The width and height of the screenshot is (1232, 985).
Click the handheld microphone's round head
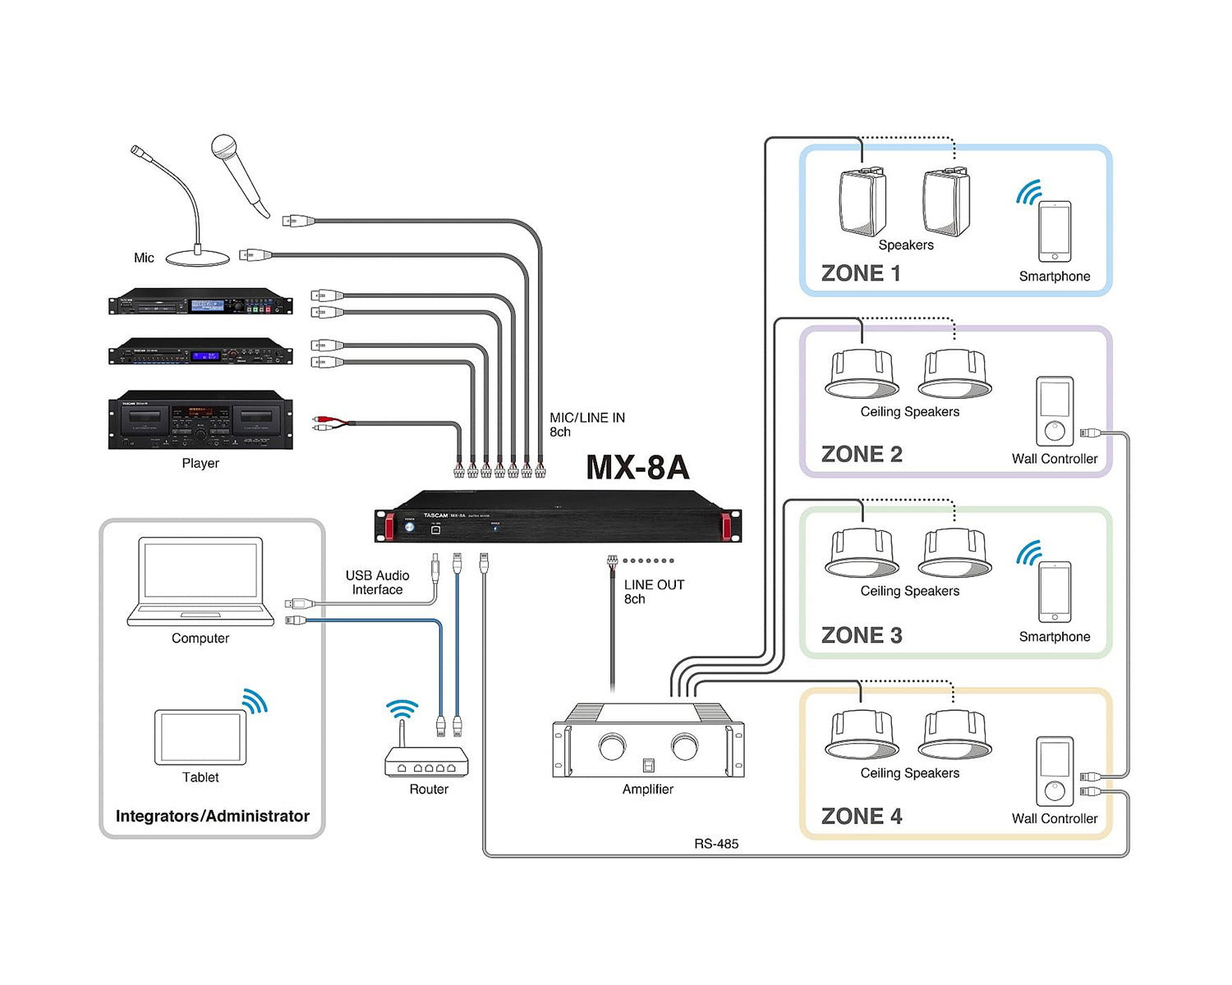pos(224,148)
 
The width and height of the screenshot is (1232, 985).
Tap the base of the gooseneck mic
pos(198,259)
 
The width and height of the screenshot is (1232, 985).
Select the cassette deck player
pos(200,420)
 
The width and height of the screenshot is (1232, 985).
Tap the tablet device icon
pos(200,737)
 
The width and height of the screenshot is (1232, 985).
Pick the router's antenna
pos(402,732)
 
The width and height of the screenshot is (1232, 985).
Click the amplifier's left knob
pos(612,747)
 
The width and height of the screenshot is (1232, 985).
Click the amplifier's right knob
pos(683,747)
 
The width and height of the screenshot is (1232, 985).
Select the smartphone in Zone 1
pos(1055,231)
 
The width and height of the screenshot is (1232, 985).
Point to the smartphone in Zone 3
pos(1055,592)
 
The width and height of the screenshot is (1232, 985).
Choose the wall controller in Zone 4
pos(1055,772)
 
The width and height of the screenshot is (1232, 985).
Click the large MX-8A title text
pos(637,468)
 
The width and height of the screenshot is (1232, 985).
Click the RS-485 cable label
pos(716,844)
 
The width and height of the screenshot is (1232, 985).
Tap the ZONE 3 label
pos(862,635)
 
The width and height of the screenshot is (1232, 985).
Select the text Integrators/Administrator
pos(213,816)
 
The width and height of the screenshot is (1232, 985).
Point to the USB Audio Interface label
pos(377,583)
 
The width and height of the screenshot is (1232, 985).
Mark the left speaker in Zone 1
pos(862,203)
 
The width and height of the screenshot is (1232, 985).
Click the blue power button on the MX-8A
pos(410,527)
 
